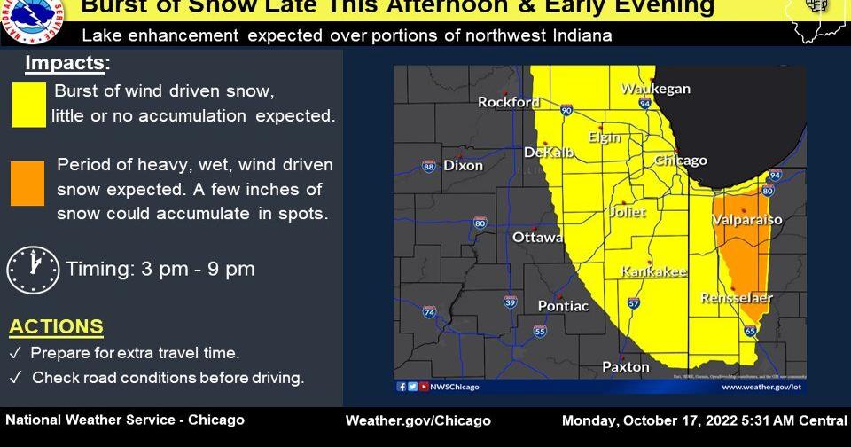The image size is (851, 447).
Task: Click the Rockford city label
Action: point(509,102)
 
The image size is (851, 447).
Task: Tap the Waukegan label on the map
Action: point(655,89)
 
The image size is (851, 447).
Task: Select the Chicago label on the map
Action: point(680,161)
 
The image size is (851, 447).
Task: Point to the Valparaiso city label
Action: point(746,219)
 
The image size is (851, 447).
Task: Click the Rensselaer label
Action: point(737,298)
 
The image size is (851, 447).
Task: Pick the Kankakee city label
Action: point(653,271)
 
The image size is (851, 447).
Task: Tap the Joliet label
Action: point(626,212)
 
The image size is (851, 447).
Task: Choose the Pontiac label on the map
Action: point(563,306)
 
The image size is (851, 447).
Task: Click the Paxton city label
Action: point(626,366)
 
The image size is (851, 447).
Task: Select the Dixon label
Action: point(463,166)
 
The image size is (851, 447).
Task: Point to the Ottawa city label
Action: point(537,237)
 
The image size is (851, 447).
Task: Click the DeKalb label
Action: point(549,153)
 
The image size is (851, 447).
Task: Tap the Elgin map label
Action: point(604,137)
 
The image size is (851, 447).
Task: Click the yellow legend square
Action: point(29,105)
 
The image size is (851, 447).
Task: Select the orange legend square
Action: point(27,184)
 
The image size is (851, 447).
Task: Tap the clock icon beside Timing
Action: point(33,270)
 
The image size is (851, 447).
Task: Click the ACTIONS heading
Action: point(56,326)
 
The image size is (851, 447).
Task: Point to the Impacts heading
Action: point(68,64)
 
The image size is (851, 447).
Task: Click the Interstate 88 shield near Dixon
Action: point(429,166)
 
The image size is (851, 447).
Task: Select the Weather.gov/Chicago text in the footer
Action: point(418,420)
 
